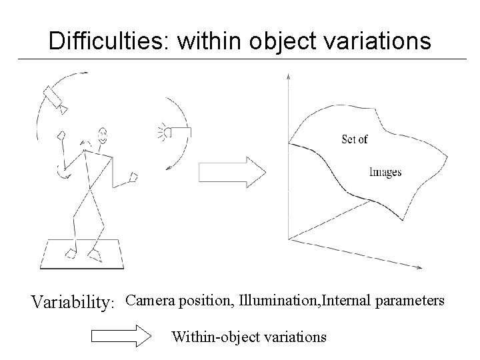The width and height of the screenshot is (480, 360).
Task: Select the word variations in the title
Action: (375, 42)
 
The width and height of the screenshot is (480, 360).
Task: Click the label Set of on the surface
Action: (354, 139)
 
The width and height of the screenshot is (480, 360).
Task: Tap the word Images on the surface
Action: (385, 173)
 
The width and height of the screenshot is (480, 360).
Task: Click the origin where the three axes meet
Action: (288, 239)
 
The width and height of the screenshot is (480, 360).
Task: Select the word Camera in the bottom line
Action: (148, 301)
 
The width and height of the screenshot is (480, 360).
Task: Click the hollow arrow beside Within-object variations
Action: (121, 336)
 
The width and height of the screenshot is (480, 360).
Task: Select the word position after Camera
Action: (201, 301)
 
